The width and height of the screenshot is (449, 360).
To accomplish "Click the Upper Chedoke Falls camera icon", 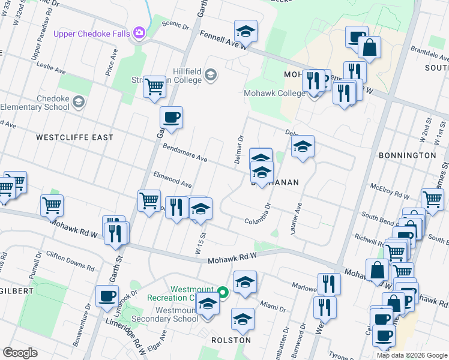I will tap(139, 33).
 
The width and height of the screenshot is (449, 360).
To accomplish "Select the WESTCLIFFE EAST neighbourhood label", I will tap(74, 137).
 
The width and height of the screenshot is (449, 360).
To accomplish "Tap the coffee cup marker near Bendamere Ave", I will tap(171, 117).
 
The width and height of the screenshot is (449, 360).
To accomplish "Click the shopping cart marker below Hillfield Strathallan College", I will tap(154, 86).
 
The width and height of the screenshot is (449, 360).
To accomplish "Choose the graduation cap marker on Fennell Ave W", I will tap(245, 31).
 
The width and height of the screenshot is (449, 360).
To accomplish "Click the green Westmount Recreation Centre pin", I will tap(223, 293).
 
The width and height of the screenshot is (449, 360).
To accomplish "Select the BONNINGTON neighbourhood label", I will tap(408, 155).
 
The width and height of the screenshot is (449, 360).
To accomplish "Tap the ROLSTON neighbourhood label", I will tap(231, 340).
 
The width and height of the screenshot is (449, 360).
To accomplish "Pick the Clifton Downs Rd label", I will tap(71, 260).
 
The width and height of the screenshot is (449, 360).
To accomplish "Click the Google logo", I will tap(20, 353).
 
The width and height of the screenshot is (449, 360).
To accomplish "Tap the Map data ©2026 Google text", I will tap(411, 355).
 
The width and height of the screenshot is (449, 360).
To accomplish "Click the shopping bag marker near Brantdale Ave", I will tap(370, 47).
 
